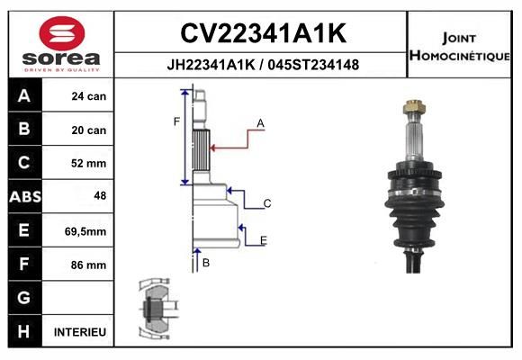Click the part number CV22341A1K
click(263, 33)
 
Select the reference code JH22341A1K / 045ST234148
click(263, 64)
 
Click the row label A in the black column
click(23, 96)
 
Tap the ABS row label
click(23, 196)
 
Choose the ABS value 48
click(99, 196)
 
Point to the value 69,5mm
click(87, 231)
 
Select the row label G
click(23, 298)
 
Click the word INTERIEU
click(80, 332)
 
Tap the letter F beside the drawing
click(176, 121)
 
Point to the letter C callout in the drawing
click(267, 204)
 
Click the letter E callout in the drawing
click(263, 240)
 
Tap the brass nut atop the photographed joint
click(413, 109)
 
